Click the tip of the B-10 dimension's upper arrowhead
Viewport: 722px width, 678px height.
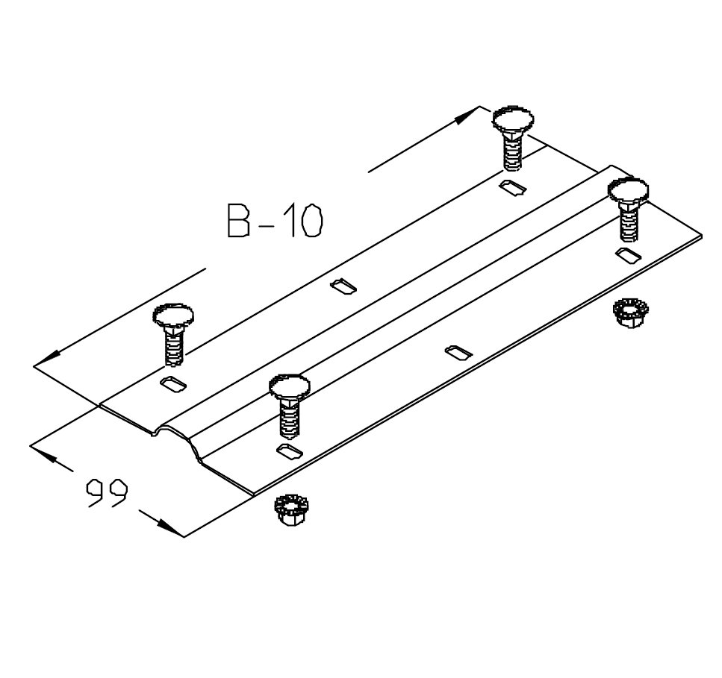point(479,107)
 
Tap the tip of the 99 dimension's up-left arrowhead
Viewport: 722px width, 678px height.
point(31,445)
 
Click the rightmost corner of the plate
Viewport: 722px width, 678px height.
point(702,236)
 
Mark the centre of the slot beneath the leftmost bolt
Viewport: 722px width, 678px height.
point(173,384)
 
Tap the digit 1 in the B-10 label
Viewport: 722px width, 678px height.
point(291,222)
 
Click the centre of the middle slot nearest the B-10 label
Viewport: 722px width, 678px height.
point(343,286)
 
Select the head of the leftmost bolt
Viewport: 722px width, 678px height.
point(173,316)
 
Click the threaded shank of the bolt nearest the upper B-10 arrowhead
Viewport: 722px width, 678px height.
point(512,152)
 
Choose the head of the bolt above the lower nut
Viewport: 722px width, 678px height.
point(289,386)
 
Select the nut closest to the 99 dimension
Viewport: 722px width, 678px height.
point(290,511)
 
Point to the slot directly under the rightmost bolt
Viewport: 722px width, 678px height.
point(629,256)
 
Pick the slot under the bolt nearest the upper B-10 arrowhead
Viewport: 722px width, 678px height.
point(513,186)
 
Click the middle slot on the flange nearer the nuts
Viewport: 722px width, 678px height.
point(458,353)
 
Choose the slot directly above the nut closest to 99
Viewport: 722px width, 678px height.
point(290,451)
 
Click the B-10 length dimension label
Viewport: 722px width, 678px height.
point(276,222)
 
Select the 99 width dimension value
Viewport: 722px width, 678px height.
point(106,493)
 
